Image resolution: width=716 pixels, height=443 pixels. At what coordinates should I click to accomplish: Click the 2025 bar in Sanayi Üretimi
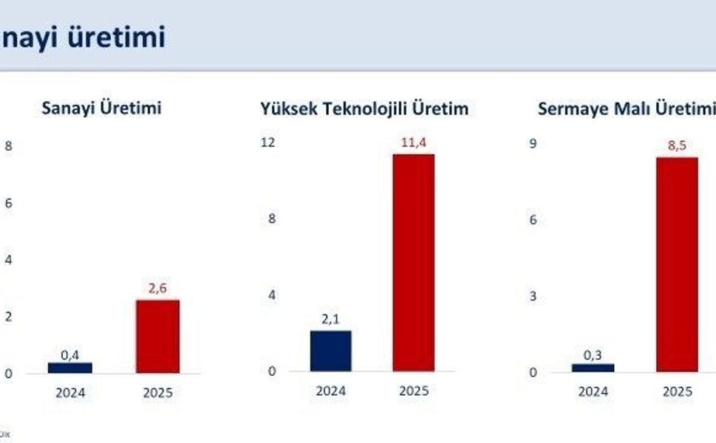[x=157, y=336]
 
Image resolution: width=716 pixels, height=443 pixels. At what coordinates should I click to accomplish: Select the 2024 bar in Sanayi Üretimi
[x=70, y=368]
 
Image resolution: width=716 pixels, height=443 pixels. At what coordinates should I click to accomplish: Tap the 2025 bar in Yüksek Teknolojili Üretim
[x=413, y=262]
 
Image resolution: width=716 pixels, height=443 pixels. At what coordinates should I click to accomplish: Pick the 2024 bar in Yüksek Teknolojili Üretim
[x=330, y=351]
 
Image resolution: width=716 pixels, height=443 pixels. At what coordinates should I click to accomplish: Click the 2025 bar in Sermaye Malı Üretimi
[x=677, y=264]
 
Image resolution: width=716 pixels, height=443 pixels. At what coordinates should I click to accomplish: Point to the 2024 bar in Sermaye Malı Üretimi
[x=593, y=368]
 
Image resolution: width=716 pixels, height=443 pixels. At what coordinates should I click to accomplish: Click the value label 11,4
[x=414, y=142]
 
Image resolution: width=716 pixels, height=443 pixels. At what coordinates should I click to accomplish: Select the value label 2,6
[x=158, y=289]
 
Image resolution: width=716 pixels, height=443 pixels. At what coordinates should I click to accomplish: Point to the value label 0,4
[x=70, y=355]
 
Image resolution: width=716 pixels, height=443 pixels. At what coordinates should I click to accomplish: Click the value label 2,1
[x=330, y=319]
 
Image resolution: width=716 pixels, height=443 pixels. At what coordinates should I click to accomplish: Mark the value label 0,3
[x=593, y=355]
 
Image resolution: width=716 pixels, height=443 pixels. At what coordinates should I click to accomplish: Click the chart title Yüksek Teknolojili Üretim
[x=364, y=109]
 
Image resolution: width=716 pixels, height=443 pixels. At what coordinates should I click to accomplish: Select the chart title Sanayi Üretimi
[x=101, y=109]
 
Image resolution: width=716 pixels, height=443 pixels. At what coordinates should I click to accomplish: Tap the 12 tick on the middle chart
[x=270, y=142]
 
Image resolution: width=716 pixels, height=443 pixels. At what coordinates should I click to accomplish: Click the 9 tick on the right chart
[x=533, y=142]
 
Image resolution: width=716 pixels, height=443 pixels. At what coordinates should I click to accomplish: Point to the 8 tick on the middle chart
[x=272, y=219]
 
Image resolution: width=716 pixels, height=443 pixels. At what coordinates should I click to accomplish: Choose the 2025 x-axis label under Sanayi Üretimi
[x=157, y=393]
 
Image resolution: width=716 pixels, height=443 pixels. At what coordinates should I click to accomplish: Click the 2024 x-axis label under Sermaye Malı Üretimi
[x=593, y=392]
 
